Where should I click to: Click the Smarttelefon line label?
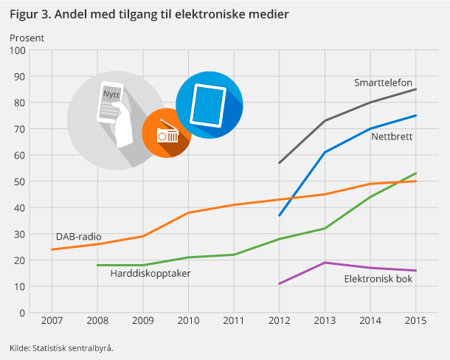(383, 83)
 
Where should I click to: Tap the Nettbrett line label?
(391, 136)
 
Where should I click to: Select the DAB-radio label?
(79, 237)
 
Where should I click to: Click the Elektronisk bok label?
(378, 279)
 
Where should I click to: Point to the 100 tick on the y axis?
(18, 50)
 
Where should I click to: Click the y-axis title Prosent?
(27, 37)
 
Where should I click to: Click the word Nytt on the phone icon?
(111, 95)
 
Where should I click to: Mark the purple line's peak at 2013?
(325, 263)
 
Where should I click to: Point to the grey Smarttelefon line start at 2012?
(279, 163)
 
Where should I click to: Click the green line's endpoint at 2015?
(415, 173)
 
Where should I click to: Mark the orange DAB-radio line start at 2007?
(52, 249)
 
